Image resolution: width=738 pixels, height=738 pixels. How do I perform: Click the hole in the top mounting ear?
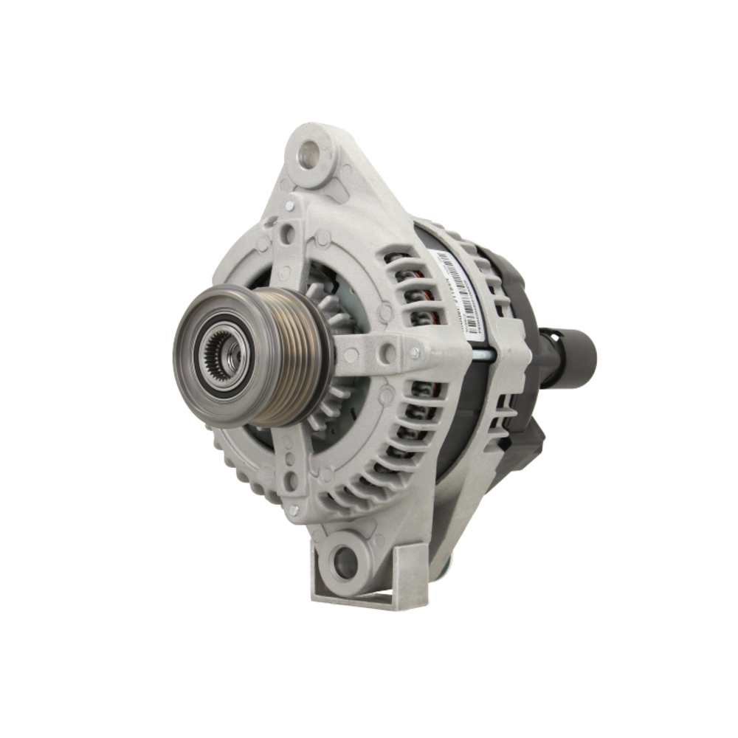pos(308,154)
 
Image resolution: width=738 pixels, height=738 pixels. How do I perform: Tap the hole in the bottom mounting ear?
pos(345,562)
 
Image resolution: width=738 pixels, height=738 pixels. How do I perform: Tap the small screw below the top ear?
pos(289,205)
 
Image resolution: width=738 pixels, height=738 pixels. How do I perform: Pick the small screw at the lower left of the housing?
pos(294,509)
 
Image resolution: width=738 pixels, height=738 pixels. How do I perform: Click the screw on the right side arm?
pos(415,354)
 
